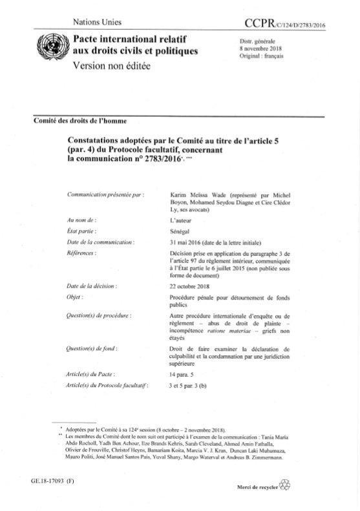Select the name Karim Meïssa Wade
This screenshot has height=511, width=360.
pyautogui.click(x=196, y=193)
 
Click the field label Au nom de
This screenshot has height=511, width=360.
pyautogui.click(x=85, y=220)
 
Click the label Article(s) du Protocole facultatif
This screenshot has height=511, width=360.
pyautogui.click(x=108, y=385)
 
